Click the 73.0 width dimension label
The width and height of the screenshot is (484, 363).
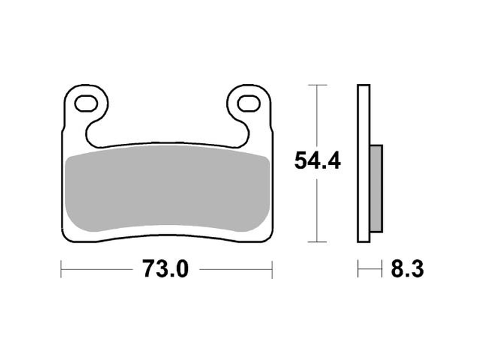(x=166, y=269)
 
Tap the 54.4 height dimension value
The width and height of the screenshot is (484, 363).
(x=317, y=161)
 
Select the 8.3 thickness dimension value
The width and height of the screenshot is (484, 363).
(x=404, y=269)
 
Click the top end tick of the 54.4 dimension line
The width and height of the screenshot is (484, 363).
(x=317, y=85)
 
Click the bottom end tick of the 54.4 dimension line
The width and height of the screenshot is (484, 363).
(x=317, y=243)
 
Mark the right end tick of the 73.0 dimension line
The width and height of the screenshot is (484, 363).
(x=272, y=269)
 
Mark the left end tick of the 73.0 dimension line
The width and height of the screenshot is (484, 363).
(x=61, y=269)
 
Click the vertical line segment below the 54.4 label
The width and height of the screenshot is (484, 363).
(x=317, y=210)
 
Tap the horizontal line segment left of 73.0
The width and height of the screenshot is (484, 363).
(x=99, y=269)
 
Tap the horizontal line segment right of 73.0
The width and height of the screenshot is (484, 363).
(x=236, y=269)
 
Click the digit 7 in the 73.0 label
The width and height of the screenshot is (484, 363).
(x=148, y=269)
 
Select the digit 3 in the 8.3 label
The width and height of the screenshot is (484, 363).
(x=417, y=269)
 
